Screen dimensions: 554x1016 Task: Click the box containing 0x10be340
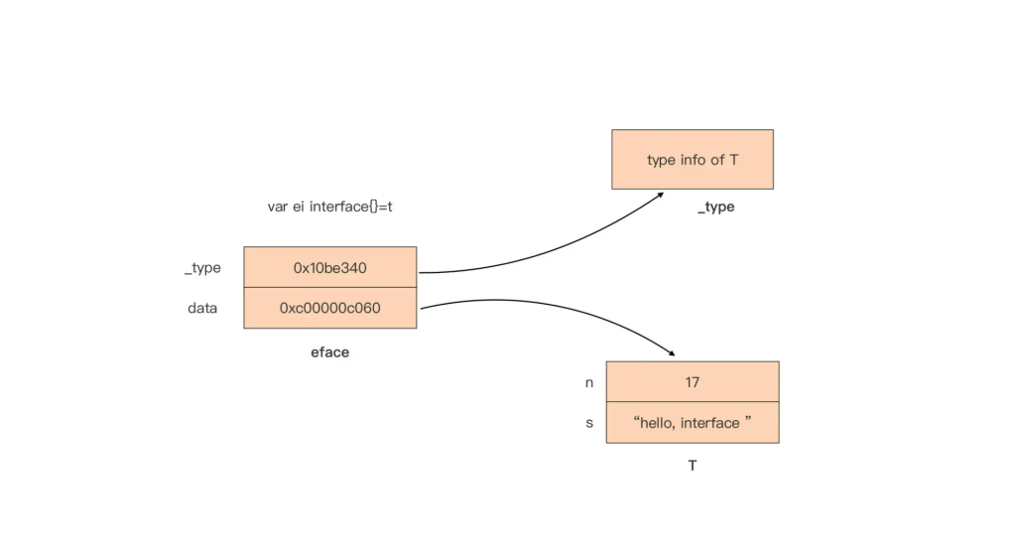pos(329,267)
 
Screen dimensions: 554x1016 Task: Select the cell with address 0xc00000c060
pos(329,308)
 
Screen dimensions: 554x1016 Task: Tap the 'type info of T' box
pos(692,159)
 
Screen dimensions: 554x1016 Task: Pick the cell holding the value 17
pos(692,381)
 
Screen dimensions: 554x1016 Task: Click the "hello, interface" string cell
pos(692,423)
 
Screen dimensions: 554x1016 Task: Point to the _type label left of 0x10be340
pos(202,268)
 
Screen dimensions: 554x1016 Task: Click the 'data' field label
pos(202,308)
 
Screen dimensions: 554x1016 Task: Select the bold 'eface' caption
pos(329,352)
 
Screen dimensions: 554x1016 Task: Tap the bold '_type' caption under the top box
pos(715,207)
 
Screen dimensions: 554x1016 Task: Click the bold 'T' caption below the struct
pos(692,465)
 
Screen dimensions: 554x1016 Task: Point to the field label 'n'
pos(589,381)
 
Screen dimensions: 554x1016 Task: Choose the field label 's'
pos(589,423)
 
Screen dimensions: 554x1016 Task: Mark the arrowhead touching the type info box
pos(659,196)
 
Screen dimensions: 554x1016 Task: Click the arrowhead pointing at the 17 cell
pos(671,352)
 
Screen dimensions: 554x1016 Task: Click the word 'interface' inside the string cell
pos(709,423)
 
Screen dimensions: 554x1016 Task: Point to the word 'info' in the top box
pos(692,159)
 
